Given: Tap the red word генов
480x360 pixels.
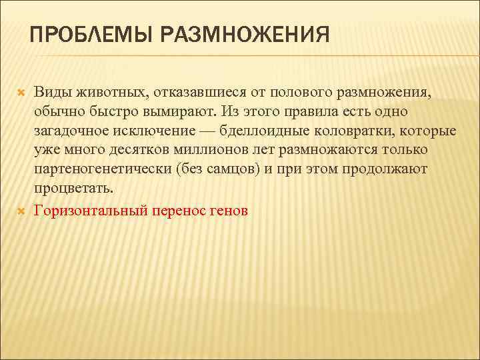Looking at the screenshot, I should pyautogui.click(x=232, y=211).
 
